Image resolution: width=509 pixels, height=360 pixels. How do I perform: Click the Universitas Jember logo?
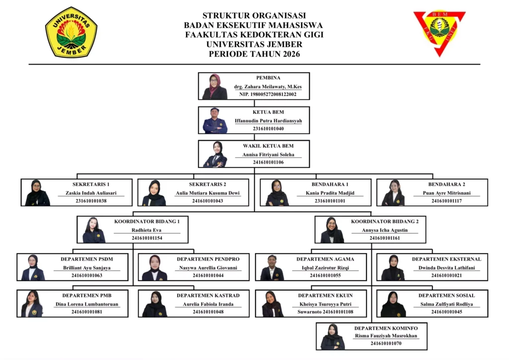click(x=71, y=32)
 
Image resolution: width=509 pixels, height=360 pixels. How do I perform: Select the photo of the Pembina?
click(x=215, y=87)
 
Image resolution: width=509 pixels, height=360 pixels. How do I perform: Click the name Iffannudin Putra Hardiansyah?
click(x=268, y=121)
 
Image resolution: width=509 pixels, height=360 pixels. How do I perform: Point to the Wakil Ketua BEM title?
click(x=268, y=146)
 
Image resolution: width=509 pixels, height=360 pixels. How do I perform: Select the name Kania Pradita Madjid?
click(x=330, y=193)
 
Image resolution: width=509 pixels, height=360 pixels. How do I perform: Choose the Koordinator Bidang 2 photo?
click(x=332, y=230)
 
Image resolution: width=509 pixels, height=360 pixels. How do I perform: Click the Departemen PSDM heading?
click(x=87, y=259)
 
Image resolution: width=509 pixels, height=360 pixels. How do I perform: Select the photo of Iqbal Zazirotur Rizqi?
click(x=272, y=268)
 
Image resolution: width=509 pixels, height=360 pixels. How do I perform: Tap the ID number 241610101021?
click(x=446, y=275)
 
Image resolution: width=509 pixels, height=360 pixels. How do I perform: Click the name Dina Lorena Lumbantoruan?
click(x=87, y=304)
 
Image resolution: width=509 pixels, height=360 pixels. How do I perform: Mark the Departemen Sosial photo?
click(x=393, y=304)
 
